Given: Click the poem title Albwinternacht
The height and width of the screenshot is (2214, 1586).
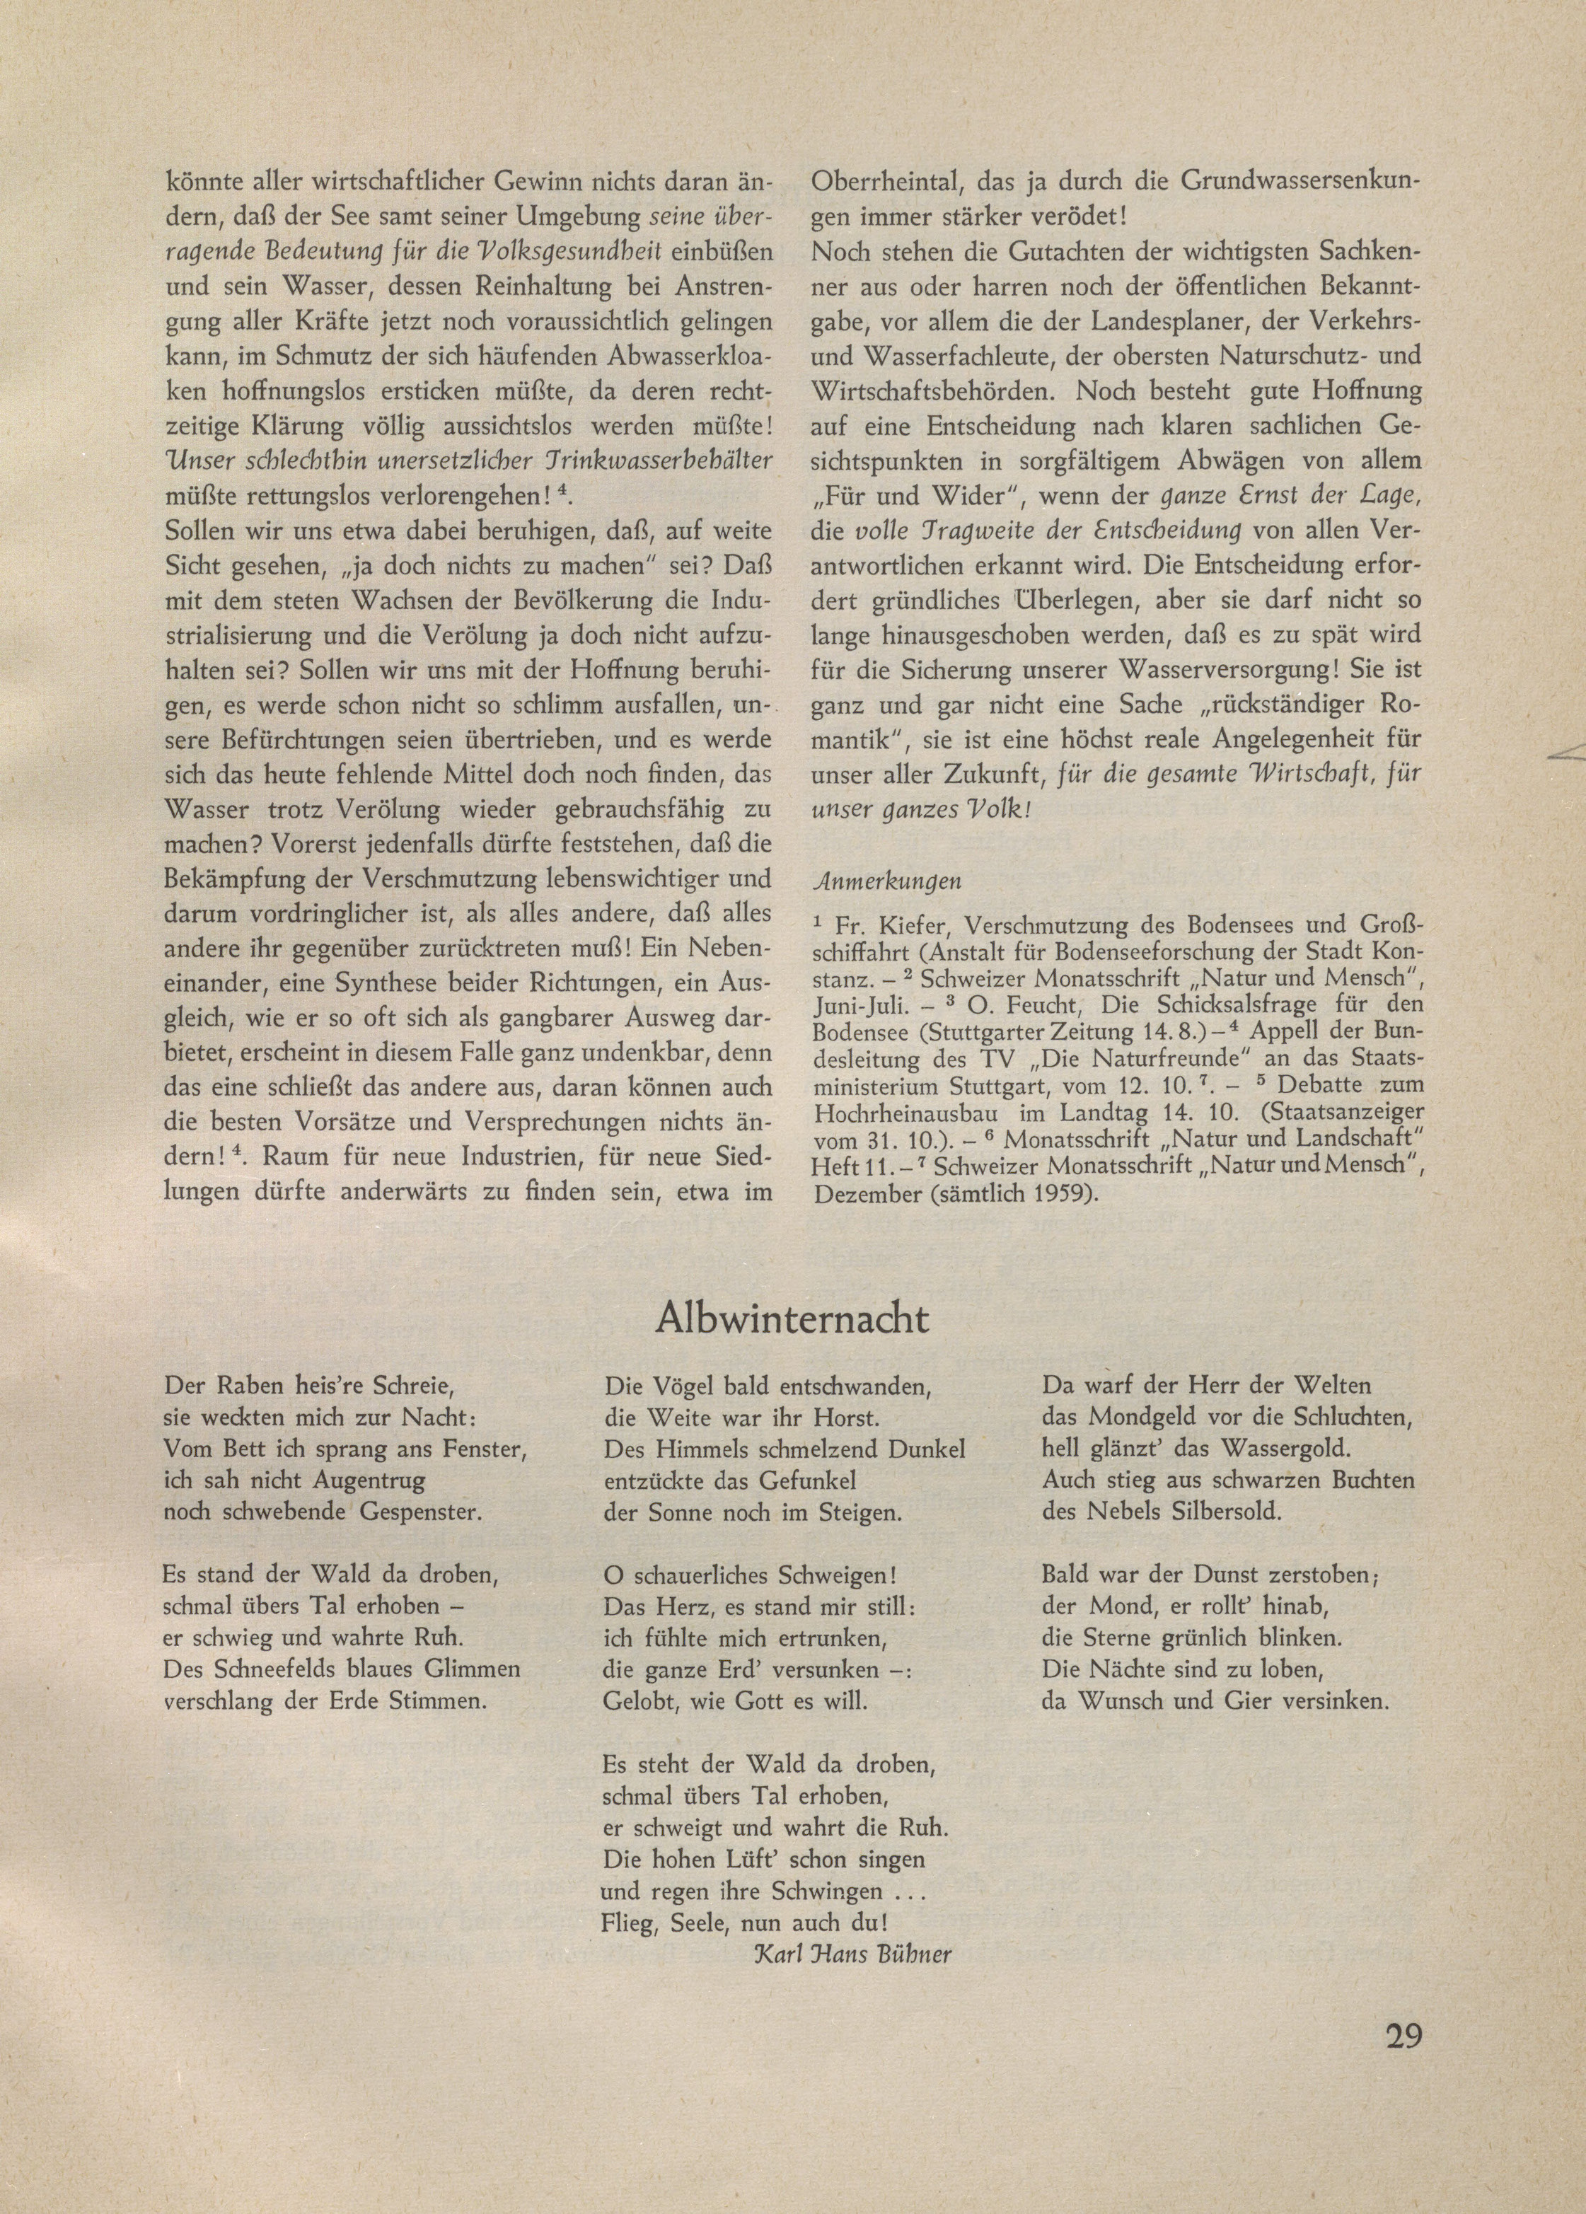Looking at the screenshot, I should pos(792,1318).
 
